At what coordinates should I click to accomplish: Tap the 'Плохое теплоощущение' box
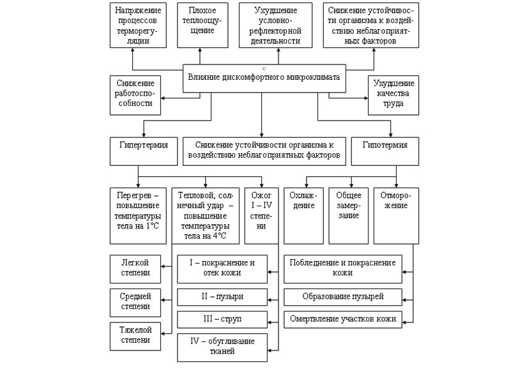(202, 26)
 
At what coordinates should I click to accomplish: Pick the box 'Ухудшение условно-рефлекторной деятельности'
(277, 26)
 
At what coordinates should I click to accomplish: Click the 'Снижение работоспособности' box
(135, 94)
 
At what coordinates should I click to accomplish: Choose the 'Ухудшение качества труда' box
(393, 94)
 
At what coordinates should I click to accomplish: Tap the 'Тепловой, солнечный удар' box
(205, 214)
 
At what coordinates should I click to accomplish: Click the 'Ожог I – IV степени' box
(262, 214)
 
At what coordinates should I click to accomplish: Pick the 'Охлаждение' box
(303, 214)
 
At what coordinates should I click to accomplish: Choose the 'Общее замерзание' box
(348, 214)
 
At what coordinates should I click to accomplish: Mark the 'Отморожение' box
(396, 214)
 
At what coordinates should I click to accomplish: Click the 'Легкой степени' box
(135, 267)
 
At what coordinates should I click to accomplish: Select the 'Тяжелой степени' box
(135, 334)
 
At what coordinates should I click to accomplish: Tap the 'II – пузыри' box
(222, 297)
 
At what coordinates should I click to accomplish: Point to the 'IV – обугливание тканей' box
(222, 345)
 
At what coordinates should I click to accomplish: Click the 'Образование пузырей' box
(343, 297)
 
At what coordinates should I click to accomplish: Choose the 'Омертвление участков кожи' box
(343, 319)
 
